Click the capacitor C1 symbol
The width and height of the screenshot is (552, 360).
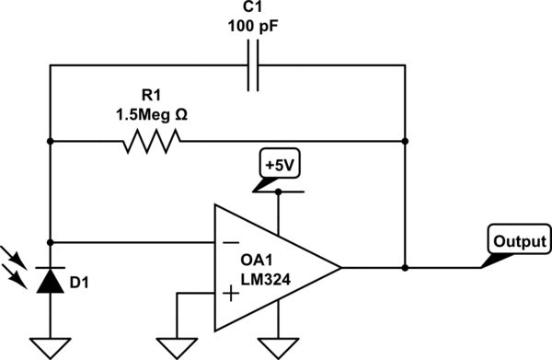(x=251, y=66)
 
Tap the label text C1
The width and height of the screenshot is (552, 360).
(x=251, y=8)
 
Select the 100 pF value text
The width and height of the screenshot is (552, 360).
(x=251, y=28)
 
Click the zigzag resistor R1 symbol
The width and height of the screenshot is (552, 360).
(x=150, y=142)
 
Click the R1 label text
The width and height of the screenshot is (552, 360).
(x=150, y=97)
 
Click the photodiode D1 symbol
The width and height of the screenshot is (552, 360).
(x=51, y=280)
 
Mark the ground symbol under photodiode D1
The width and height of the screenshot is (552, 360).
(x=51, y=347)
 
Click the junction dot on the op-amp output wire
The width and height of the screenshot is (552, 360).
(x=405, y=269)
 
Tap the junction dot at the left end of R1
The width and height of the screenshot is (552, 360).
(x=51, y=142)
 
